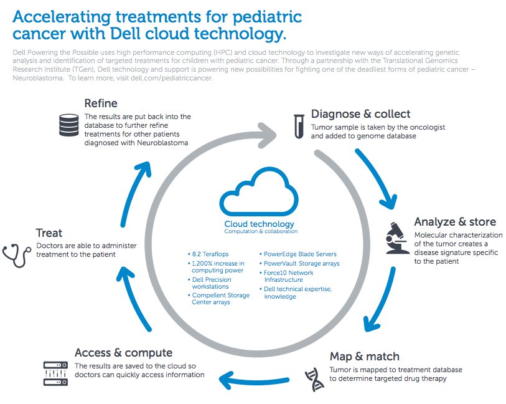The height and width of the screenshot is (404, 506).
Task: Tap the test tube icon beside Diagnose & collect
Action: point(299,127)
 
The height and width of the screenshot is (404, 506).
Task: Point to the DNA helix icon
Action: point(314,380)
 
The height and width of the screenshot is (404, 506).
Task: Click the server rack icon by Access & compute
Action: point(55,373)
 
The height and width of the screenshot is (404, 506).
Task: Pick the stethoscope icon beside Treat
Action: point(17,256)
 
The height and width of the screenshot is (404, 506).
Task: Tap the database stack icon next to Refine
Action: point(68,125)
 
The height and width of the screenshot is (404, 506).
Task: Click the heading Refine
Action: point(101,103)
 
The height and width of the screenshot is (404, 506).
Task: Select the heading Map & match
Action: point(364,357)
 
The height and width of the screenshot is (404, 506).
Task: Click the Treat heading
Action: point(49,233)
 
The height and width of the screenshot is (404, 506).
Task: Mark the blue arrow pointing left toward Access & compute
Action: point(253,380)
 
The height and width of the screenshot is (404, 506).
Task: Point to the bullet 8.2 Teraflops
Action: point(208,254)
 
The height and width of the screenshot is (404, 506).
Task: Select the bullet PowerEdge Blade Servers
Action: point(298,254)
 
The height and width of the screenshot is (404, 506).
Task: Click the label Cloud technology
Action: point(259,224)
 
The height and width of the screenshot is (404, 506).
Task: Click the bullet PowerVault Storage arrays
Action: point(299,263)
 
